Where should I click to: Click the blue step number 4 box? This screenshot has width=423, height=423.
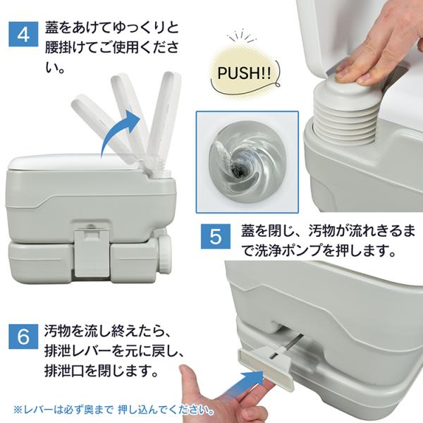(23, 34)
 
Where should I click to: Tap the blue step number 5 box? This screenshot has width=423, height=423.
(216, 237)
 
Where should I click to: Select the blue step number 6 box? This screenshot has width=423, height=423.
(23, 336)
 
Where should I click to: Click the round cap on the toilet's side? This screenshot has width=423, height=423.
(165, 254)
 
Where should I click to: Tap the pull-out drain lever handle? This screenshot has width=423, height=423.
(266, 367)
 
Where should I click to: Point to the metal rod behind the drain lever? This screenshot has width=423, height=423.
(293, 343)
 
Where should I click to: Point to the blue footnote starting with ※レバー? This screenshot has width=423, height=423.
(114, 410)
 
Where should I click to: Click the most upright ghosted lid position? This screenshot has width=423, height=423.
(164, 118)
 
